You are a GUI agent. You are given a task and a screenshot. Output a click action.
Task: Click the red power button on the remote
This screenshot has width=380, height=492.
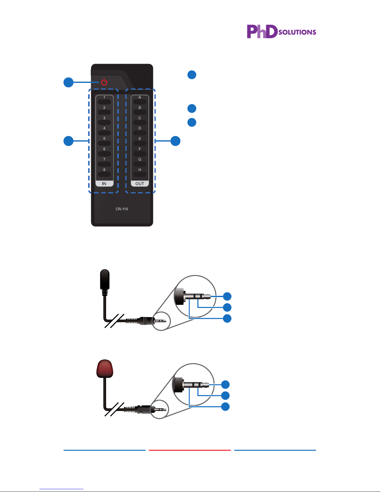(104, 82)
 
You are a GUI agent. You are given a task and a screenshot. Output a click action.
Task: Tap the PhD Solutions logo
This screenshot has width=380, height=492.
(281, 31)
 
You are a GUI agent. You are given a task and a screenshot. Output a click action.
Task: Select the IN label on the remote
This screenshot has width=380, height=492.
(104, 184)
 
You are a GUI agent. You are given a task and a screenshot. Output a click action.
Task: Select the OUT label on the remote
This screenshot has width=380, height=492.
(140, 184)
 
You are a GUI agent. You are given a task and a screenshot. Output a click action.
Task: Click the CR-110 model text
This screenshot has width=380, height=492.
(122, 209)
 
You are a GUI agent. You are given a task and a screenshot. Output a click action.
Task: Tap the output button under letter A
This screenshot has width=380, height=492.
(140, 102)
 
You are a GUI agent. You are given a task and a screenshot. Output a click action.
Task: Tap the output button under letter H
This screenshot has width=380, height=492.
(140, 174)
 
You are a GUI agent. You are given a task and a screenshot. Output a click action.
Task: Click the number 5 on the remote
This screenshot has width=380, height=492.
(104, 138)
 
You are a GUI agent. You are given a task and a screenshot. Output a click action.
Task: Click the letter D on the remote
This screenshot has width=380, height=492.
(140, 128)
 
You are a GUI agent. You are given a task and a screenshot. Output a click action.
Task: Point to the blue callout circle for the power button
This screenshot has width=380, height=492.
(69, 82)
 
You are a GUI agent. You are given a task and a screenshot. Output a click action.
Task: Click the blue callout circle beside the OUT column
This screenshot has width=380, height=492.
(175, 141)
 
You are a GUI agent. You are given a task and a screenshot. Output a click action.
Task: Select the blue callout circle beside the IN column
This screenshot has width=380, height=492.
(69, 141)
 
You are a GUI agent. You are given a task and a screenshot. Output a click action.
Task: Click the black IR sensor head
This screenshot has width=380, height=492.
(105, 279)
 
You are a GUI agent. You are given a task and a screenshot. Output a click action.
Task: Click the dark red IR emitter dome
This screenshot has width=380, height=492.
(105, 368)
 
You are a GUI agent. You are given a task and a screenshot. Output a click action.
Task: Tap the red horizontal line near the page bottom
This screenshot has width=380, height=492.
(190, 450)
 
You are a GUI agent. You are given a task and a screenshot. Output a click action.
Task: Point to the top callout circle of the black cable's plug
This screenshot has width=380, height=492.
(227, 296)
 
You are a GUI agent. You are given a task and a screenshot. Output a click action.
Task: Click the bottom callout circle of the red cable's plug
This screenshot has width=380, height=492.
(225, 407)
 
